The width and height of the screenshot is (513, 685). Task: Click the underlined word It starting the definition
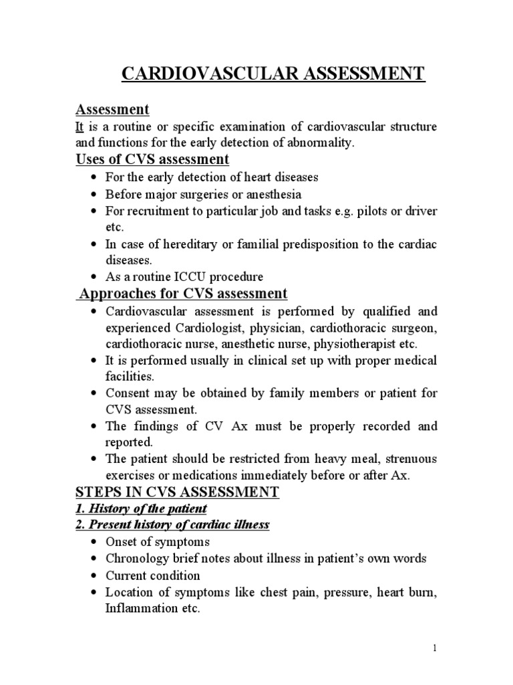click(x=79, y=126)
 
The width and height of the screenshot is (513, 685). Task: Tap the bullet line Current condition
click(x=152, y=575)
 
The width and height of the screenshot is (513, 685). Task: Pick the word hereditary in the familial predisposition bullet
click(x=172, y=244)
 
